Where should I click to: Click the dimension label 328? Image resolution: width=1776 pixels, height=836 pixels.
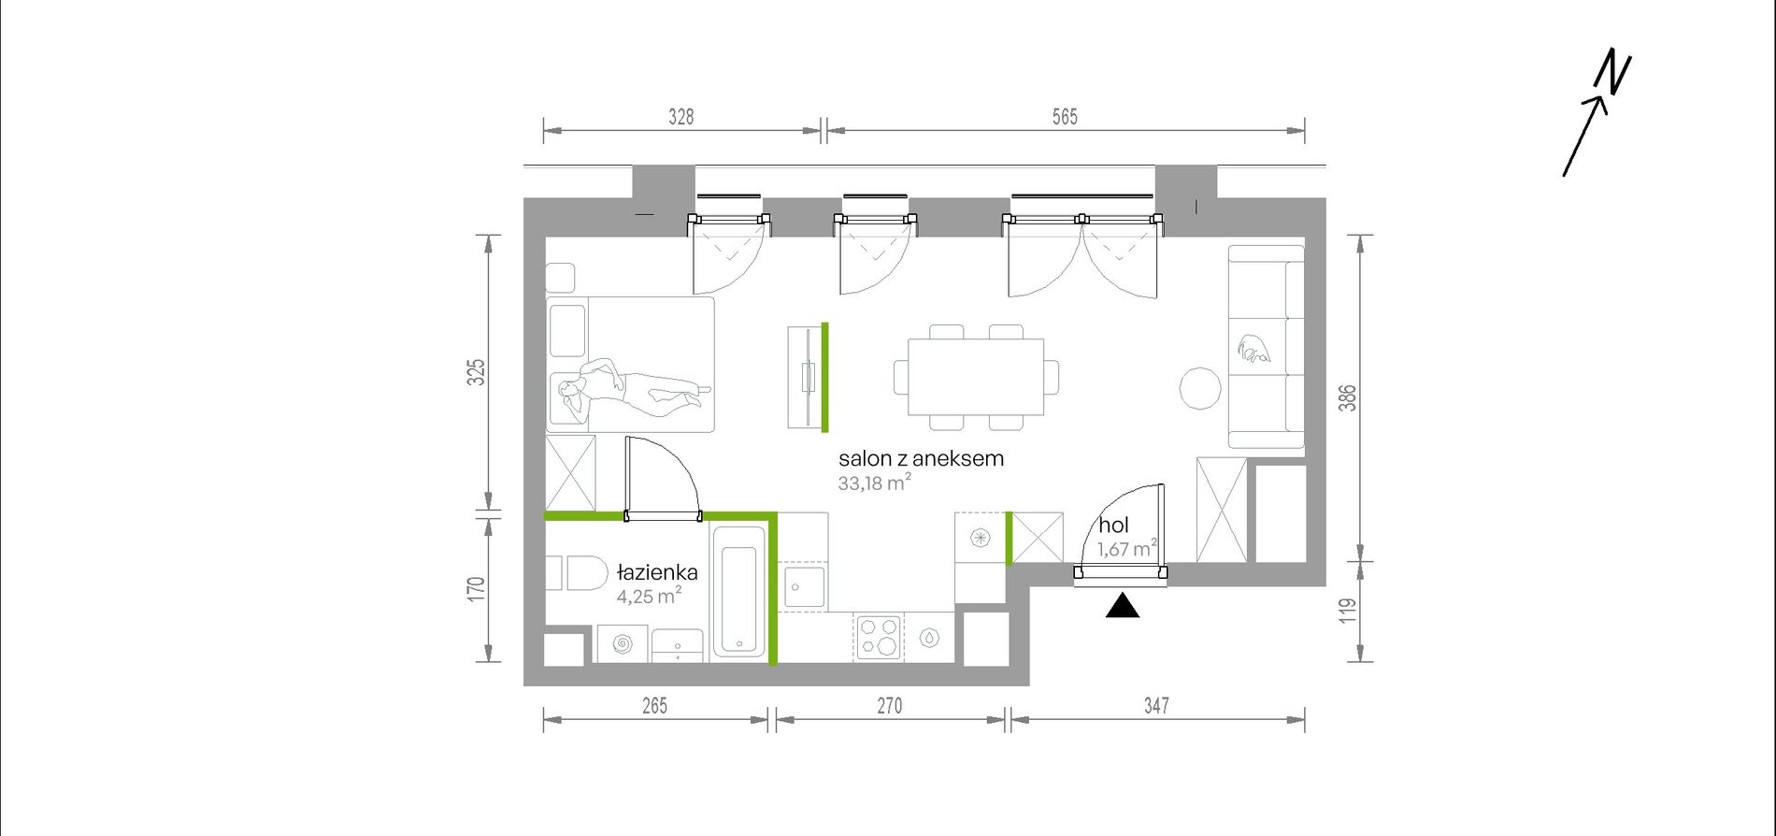680,116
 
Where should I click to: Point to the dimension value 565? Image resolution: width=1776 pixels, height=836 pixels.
1065,116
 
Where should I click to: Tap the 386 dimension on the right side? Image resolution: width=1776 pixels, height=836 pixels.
1347,397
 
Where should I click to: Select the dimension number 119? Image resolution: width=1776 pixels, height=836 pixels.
1347,612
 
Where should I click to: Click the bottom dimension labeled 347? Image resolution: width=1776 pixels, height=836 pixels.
1156,706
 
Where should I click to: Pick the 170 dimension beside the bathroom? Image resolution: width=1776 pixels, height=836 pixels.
477,589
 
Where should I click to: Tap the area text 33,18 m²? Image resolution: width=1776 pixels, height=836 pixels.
874,483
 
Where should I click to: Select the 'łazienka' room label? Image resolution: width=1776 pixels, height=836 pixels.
657,572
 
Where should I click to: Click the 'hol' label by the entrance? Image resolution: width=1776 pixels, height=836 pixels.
1113,526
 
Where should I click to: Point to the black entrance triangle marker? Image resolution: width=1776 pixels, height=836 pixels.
1122,607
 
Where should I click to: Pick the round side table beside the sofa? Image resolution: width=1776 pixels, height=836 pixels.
1200,387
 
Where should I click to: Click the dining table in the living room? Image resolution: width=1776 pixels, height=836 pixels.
976,377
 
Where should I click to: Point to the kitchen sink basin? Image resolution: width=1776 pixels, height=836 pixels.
804,587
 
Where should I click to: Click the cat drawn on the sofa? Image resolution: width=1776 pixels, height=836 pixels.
1253,349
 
